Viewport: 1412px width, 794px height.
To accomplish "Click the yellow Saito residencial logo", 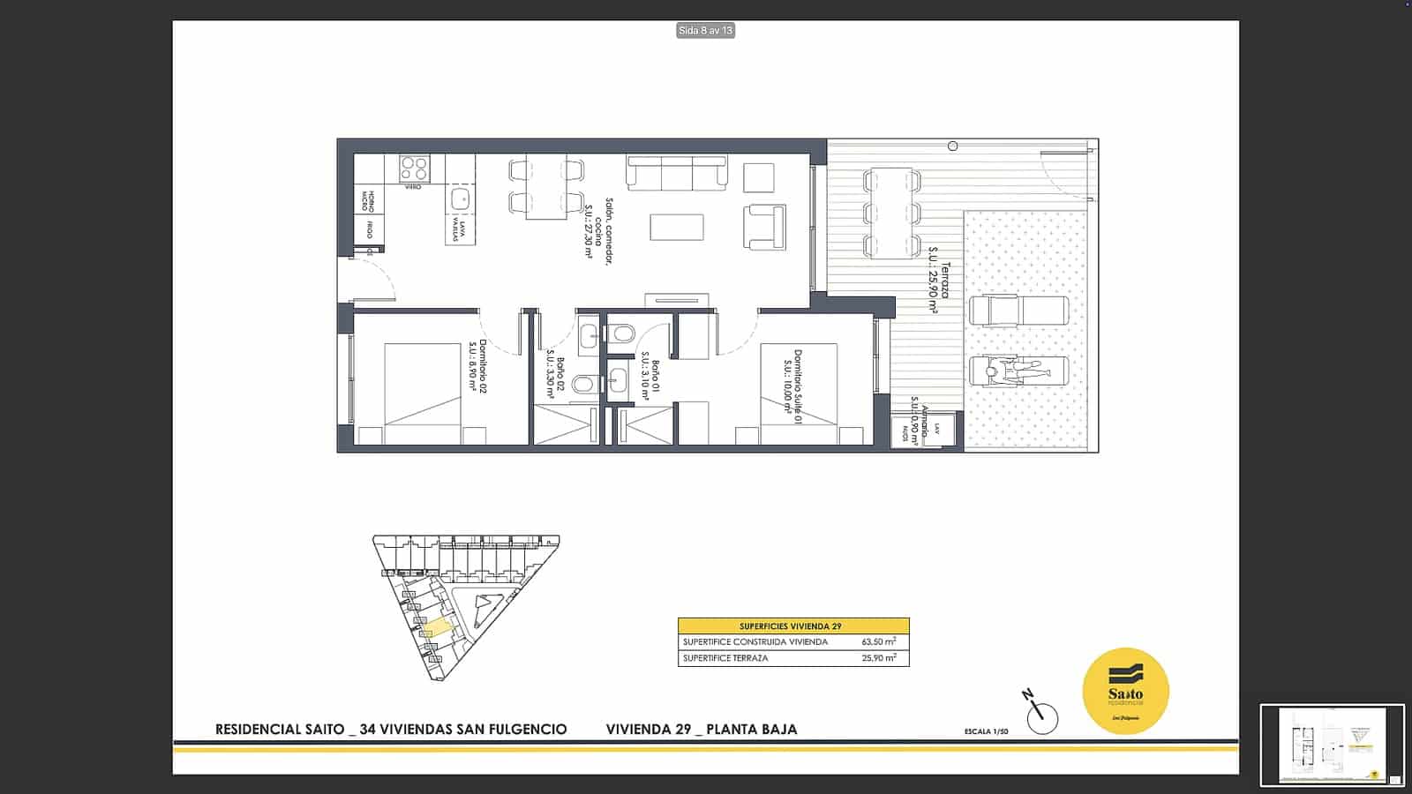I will (x=1125, y=691).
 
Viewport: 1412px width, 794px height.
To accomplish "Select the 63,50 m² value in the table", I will (x=878, y=642).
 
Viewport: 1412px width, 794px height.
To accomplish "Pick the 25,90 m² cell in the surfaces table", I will (x=878, y=658).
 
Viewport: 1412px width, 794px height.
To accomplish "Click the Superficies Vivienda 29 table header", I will (x=792, y=625).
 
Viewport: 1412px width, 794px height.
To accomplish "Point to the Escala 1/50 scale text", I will (x=986, y=731).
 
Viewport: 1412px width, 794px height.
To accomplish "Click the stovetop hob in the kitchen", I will (x=413, y=168).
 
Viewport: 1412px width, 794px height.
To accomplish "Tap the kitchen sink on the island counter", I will (x=460, y=198).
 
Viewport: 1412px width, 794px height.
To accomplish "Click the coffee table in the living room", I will (x=677, y=228).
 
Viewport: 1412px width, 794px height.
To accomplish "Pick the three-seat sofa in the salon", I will (x=677, y=172).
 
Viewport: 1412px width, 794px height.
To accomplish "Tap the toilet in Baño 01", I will (x=620, y=334).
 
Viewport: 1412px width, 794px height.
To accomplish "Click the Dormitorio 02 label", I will (x=477, y=367).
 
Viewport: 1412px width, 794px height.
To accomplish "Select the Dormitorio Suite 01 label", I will (x=792, y=388).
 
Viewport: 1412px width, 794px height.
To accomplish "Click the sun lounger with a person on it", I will (x=1018, y=371).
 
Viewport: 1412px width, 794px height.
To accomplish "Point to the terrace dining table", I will (x=892, y=213).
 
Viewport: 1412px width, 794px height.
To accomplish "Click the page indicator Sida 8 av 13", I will (x=705, y=31).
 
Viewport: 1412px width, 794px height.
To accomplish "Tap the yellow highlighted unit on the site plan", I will (x=436, y=630).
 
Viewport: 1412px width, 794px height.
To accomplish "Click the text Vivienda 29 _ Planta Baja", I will (x=702, y=730).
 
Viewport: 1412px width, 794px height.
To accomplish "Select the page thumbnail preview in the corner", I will (x=1332, y=745).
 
